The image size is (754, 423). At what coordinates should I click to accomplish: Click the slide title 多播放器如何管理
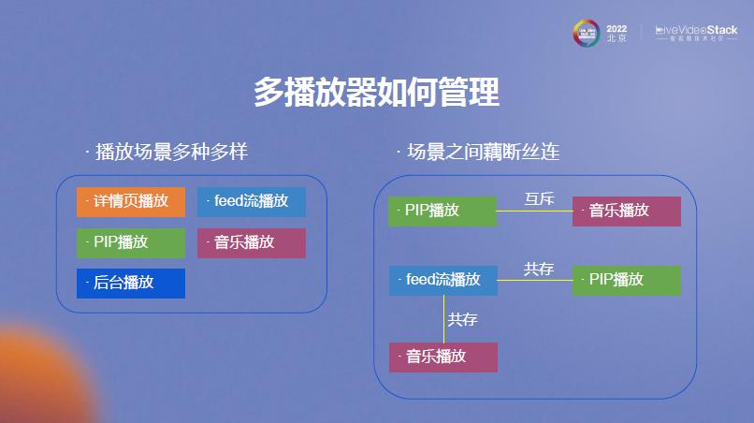pyautogui.click(x=376, y=93)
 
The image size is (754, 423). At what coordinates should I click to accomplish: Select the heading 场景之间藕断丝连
pyautogui.click(x=478, y=152)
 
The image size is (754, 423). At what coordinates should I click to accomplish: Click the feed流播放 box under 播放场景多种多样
pyautogui.click(x=251, y=201)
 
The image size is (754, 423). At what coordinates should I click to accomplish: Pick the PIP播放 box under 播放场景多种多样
pyautogui.click(x=131, y=242)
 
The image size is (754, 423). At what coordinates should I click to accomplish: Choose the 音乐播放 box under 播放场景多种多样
pyautogui.click(x=251, y=242)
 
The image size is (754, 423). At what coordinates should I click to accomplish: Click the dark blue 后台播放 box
pyautogui.click(x=131, y=283)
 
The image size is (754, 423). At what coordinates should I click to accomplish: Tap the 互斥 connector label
pyautogui.click(x=539, y=198)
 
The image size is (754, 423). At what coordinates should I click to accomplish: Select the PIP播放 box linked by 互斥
pyautogui.click(x=442, y=211)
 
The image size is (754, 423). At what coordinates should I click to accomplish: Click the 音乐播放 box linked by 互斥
pyautogui.click(x=626, y=211)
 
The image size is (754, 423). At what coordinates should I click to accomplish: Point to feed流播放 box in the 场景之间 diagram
pyautogui.click(x=442, y=280)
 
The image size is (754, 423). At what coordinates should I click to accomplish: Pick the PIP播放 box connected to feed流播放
pyautogui.click(x=626, y=280)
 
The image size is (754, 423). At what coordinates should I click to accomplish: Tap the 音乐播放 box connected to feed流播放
pyautogui.click(x=442, y=357)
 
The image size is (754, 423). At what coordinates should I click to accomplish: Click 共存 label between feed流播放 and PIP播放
pyautogui.click(x=538, y=270)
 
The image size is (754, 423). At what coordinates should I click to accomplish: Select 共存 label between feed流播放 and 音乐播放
pyautogui.click(x=462, y=319)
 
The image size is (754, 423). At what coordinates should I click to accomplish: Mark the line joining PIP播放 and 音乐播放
pyautogui.click(x=534, y=211)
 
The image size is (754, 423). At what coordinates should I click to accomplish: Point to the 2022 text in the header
pyautogui.click(x=616, y=29)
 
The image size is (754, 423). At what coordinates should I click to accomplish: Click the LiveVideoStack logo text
pyautogui.click(x=696, y=30)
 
